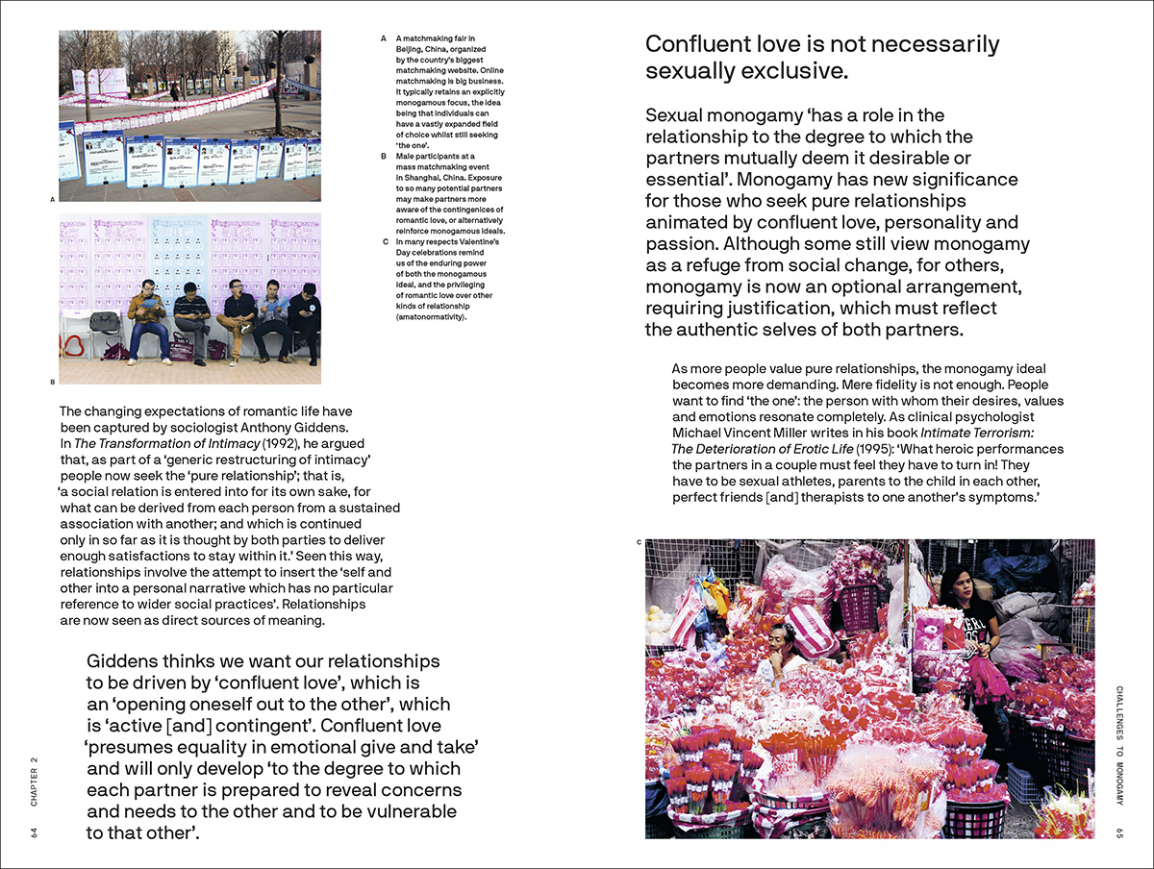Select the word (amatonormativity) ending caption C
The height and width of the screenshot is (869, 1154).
click(431, 316)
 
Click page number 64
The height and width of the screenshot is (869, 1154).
click(35, 832)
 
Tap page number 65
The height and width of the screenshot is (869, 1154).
click(1119, 832)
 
